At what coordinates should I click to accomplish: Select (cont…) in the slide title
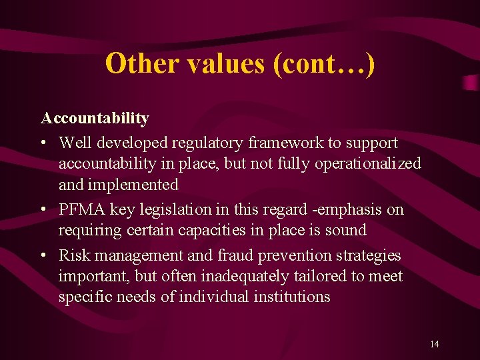[x=323, y=63]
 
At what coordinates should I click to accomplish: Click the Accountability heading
[x=95, y=119]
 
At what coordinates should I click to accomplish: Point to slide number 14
[x=435, y=344]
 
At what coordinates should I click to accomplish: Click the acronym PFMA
[x=82, y=209]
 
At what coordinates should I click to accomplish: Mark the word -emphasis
[x=348, y=209]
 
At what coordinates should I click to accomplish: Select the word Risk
[x=73, y=255]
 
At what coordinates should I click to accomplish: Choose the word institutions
[x=292, y=297]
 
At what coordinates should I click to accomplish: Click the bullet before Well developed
[x=43, y=143]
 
